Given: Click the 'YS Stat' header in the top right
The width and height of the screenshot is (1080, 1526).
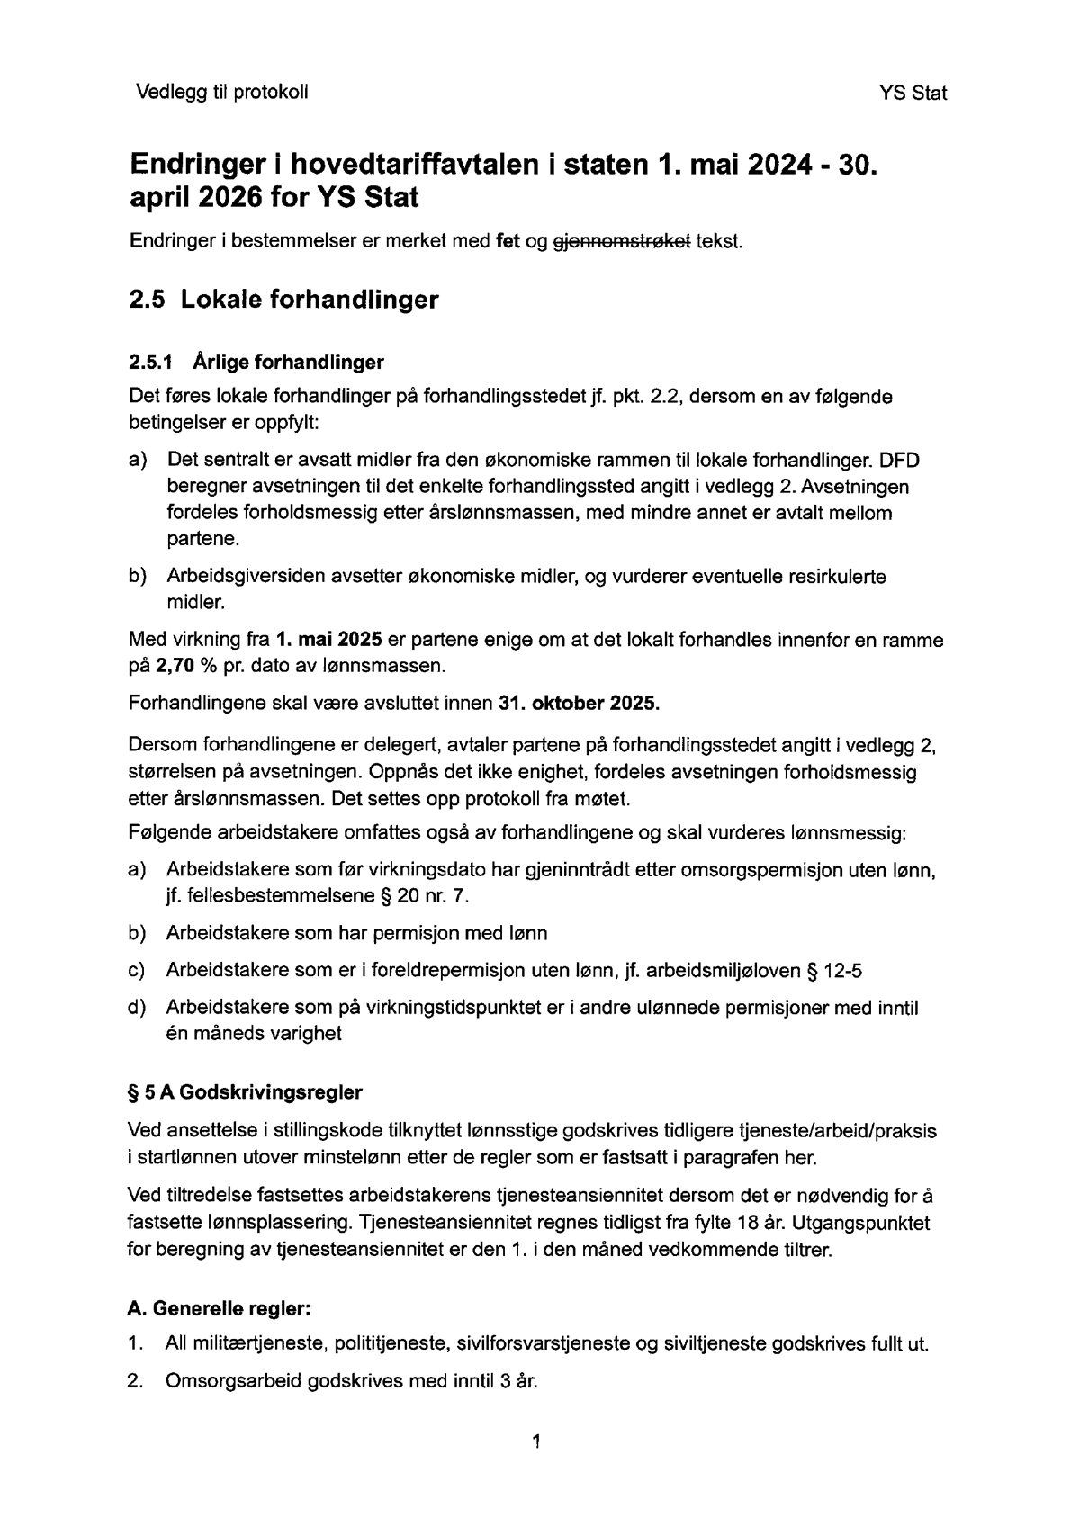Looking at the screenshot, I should point(913,93).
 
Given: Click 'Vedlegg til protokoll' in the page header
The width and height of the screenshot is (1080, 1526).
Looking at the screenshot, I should point(221,92).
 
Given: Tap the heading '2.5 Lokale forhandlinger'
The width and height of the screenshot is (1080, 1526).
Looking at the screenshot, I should point(283,300).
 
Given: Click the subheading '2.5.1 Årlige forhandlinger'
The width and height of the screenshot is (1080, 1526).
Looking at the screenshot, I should point(256,363).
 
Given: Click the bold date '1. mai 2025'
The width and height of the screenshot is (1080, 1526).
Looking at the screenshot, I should point(329,641).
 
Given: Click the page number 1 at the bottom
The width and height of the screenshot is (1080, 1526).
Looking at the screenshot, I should point(536,1442).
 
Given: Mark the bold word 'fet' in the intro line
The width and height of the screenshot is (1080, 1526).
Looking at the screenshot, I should point(508,242).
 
